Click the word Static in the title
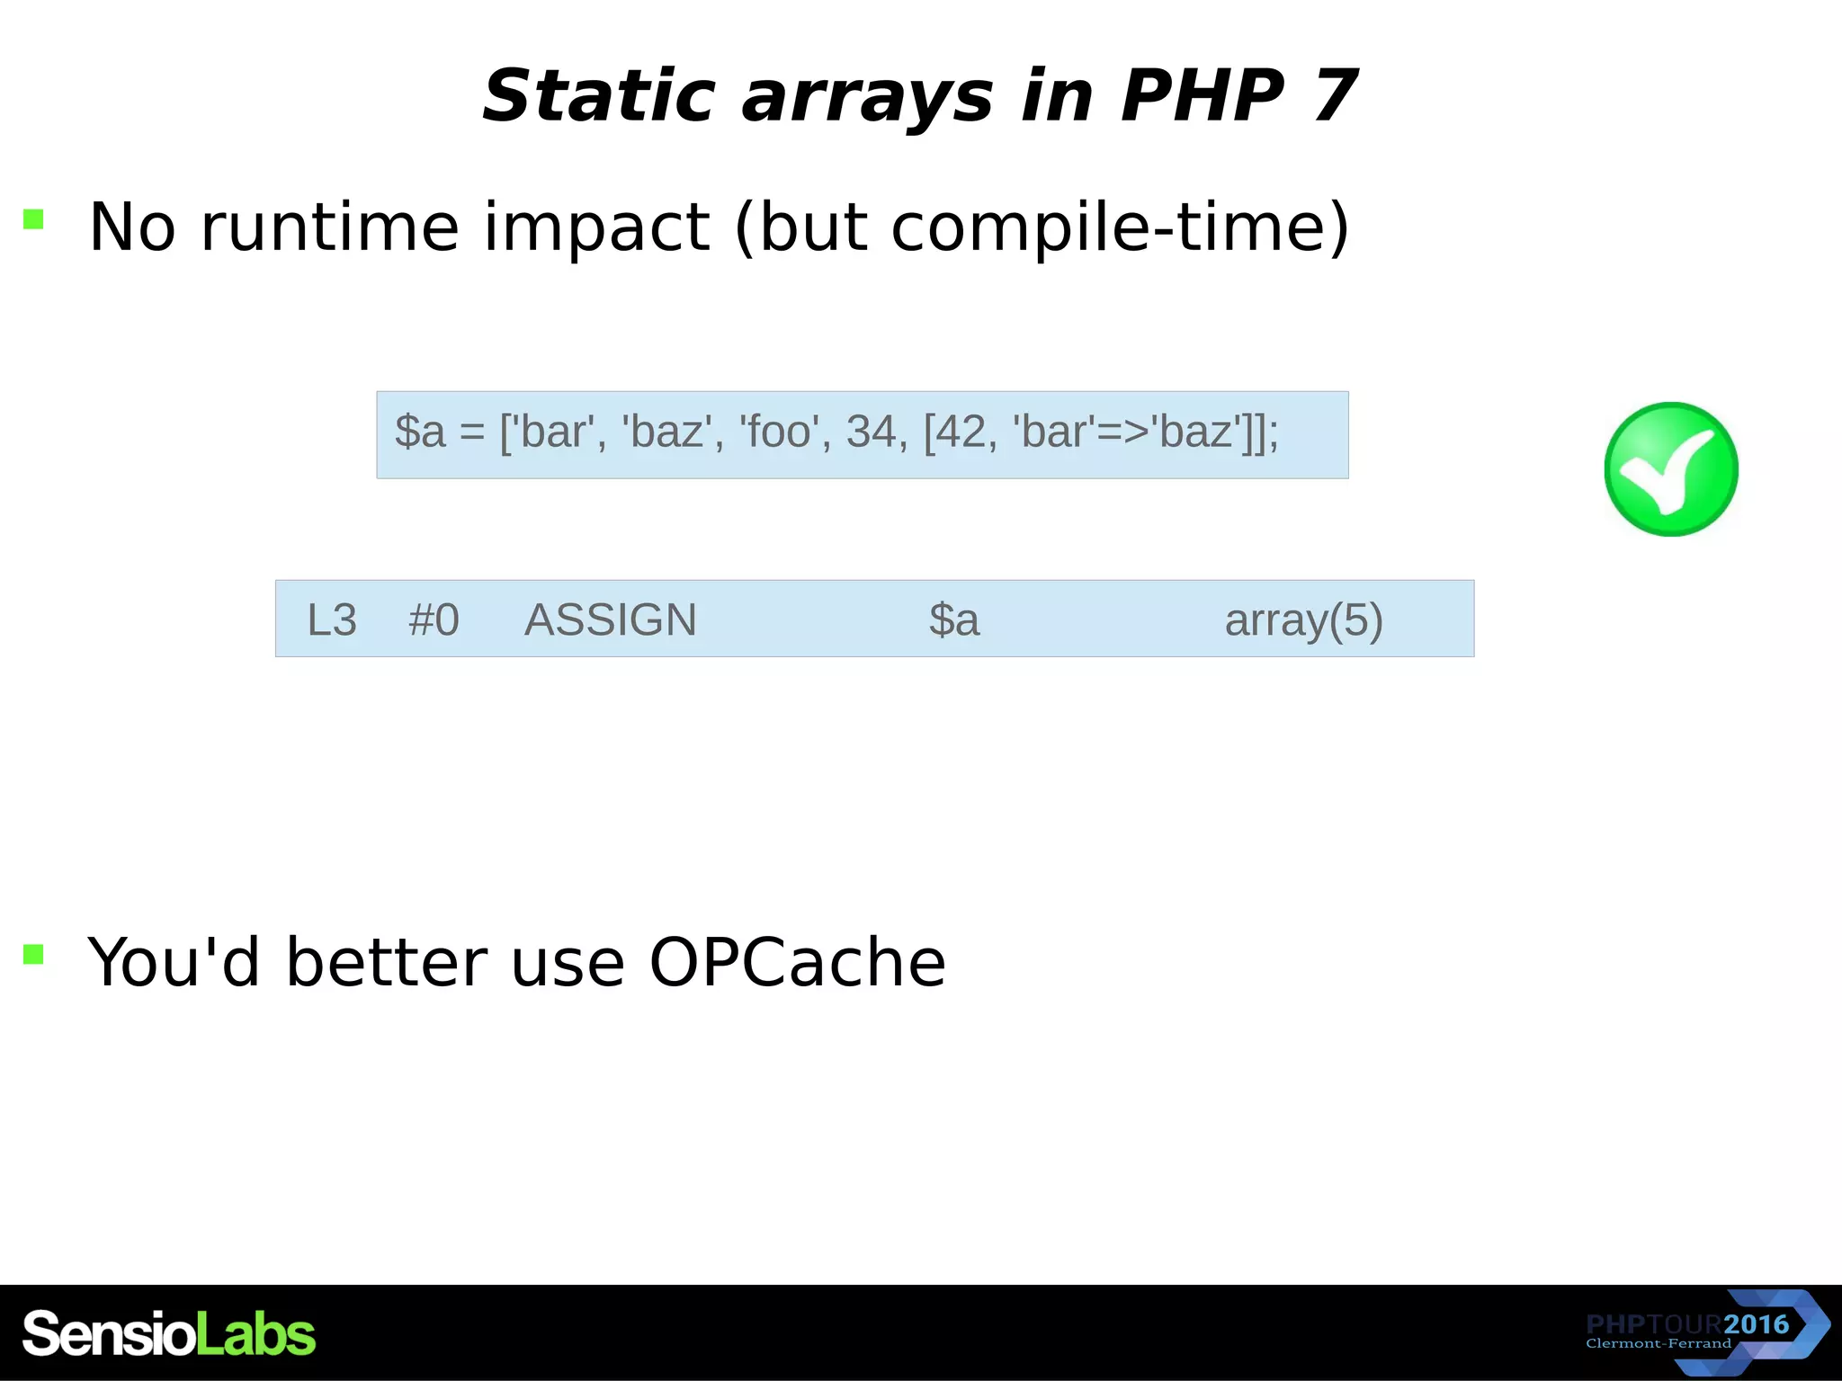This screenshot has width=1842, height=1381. (x=598, y=96)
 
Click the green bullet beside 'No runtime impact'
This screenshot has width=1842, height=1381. (x=33, y=218)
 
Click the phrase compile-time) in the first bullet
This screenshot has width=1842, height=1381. (x=1120, y=227)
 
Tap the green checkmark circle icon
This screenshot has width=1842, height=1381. (x=1670, y=468)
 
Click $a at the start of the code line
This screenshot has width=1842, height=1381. (x=420, y=432)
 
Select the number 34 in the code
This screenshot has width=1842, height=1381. (x=870, y=432)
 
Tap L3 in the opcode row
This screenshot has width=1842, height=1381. (x=332, y=619)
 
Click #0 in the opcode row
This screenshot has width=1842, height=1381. (x=434, y=619)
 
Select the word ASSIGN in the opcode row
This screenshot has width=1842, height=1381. (x=610, y=619)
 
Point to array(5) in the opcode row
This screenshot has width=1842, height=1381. (x=1303, y=619)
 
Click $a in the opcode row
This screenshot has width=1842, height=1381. (x=953, y=619)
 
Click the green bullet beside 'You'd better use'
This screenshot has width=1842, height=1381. (x=33, y=954)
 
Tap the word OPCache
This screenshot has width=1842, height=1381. (x=797, y=963)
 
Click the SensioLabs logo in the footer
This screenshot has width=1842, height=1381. (x=169, y=1333)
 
